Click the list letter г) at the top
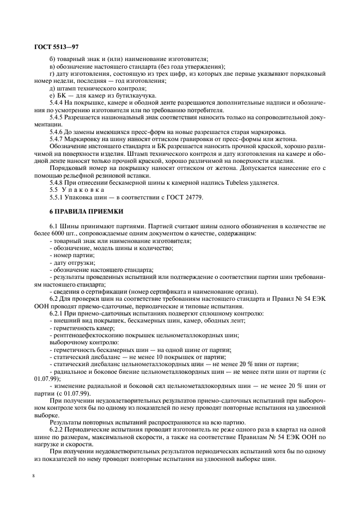pos(51,74)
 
